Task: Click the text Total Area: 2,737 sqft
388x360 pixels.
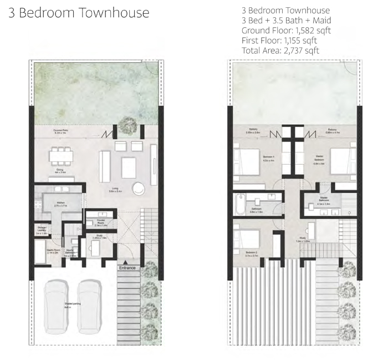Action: tap(280, 50)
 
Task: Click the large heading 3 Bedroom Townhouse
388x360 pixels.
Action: tap(78, 13)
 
